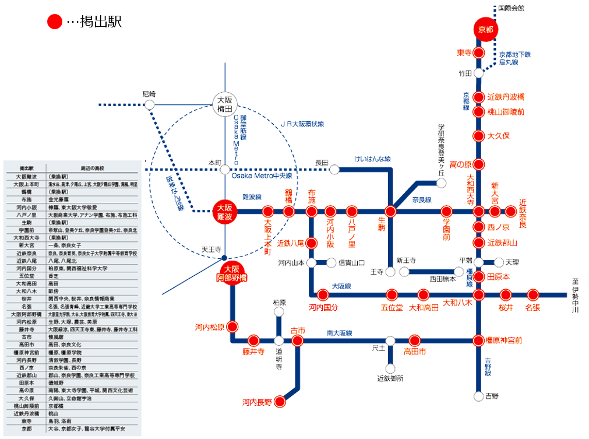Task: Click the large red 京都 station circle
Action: [x=485, y=29]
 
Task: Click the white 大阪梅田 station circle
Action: [x=225, y=104]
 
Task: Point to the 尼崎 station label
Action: [x=149, y=93]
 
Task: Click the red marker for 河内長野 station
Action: [x=280, y=401]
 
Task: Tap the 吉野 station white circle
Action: [x=478, y=396]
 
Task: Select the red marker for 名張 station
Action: [x=532, y=295]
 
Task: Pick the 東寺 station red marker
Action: [x=478, y=52]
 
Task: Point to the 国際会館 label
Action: [x=512, y=8]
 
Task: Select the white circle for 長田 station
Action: [x=334, y=170]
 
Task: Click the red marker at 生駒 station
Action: [x=392, y=211]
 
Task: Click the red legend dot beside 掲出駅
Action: [x=55, y=22]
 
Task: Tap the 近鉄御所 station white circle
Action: [x=390, y=368]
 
